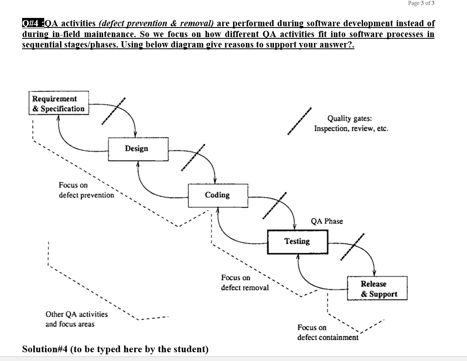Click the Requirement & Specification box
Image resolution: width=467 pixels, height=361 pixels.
coord(58,103)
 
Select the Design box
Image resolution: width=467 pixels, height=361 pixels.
coord(138,148)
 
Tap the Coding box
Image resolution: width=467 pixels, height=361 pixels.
coord(217,195)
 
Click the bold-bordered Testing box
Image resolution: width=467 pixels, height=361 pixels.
coord(297,241)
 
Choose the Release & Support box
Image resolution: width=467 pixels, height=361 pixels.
coord(377,288)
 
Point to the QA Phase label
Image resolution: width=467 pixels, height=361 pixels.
coord(327,221)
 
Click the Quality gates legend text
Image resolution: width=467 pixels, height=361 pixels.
coord(351,123)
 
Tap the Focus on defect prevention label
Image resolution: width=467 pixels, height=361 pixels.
coord(86,190)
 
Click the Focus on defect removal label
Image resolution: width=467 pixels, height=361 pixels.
coord(245,282)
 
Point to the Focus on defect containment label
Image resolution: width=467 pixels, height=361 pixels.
coord(327,332)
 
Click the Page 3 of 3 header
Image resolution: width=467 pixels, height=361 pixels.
coord(421,3)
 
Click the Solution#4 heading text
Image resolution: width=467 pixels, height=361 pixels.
coord(115,349)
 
